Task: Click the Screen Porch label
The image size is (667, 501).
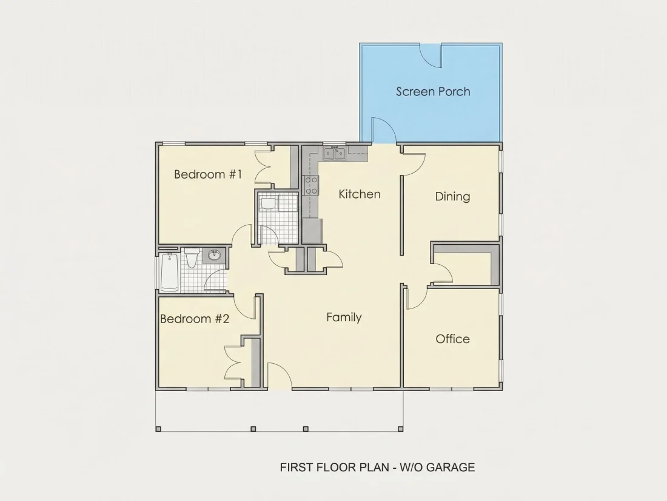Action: (433, 92)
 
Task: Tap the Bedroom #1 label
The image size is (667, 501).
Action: (208, 174)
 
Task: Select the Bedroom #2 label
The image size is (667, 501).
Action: (195, 319)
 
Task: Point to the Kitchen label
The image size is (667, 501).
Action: (360, 194)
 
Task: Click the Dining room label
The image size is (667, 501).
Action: (452, 196)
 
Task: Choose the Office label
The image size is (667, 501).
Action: (452, 339)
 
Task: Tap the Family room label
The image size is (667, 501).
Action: (344, 318)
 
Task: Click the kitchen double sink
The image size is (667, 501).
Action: (334, 153)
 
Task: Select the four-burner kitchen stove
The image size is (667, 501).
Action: (312, 186)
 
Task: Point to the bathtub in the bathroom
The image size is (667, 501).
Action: (169, 272)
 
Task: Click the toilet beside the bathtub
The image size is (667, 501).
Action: (192, 257)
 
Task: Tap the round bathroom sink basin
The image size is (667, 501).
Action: (215, 255)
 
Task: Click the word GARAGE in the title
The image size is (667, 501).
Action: (451, 468)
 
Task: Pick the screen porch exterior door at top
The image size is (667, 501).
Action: (431, 56)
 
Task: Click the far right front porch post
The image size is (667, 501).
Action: (400, 429)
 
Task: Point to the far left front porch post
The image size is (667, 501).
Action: (158, 429)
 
